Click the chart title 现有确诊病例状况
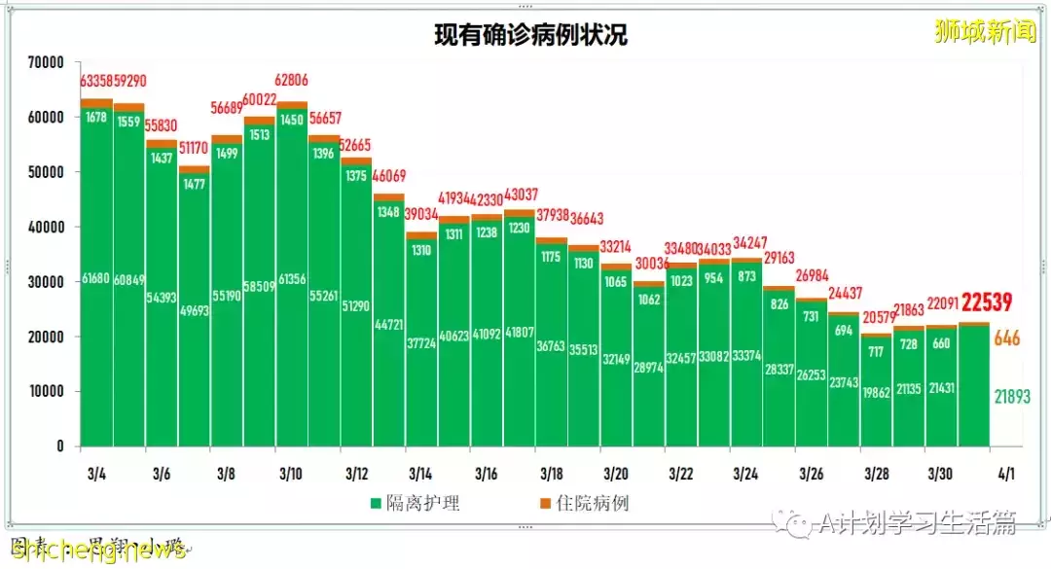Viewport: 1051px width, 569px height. click(x=530, y=35)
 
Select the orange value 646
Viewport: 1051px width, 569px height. click(x=1007, y=339)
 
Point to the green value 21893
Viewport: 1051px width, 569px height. click(x=1011, y=396)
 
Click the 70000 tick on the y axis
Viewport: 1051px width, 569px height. click(x=46, y=61)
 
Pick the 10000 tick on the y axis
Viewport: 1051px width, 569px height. click(x=46, y=391)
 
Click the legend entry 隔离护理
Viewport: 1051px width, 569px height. click(x=415, y=503)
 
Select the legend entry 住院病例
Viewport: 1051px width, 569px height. click(x=584, y=503)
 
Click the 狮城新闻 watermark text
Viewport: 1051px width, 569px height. click(x=985, y=32)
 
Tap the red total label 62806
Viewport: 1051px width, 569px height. click(x=292, y=81)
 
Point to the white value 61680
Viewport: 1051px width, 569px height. click(x=96, y=279)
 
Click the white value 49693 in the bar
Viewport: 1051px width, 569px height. click(x=195, y=311)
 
